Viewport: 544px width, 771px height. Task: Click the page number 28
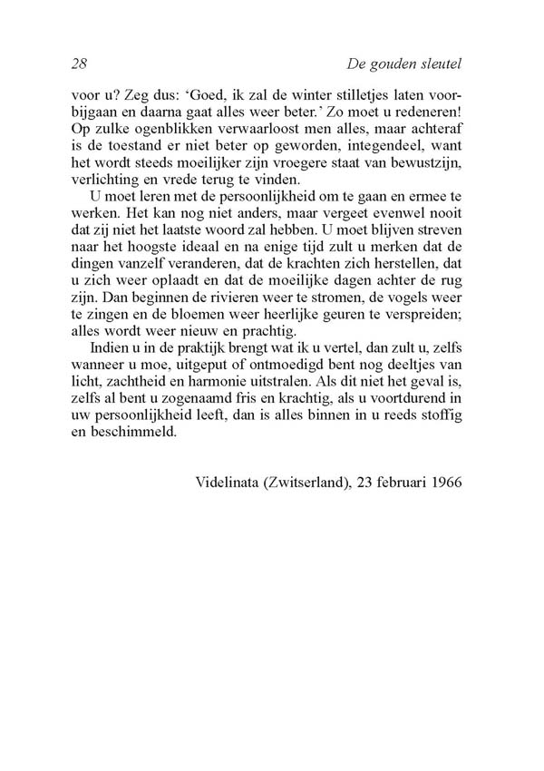click(x=78, y=63)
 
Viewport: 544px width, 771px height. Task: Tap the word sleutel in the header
click(x=437, y=63)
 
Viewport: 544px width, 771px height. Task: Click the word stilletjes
click(x=381, y=93)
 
